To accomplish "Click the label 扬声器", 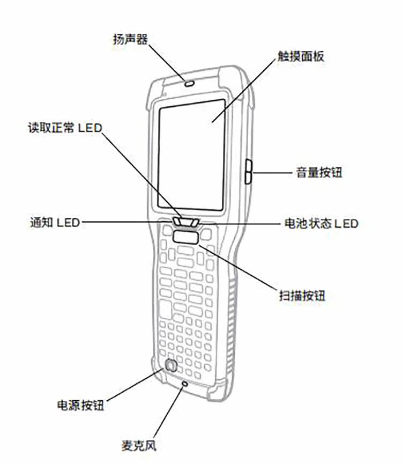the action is tap(130, 39).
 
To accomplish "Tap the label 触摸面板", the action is tap(301, 56).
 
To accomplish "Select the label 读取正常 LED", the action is tap(64, 129).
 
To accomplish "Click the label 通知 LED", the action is tap(53, 222).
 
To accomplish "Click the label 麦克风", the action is tap(139, 445).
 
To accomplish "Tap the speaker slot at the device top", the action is tap(188, 84).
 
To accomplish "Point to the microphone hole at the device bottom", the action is tap(185, 384).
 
